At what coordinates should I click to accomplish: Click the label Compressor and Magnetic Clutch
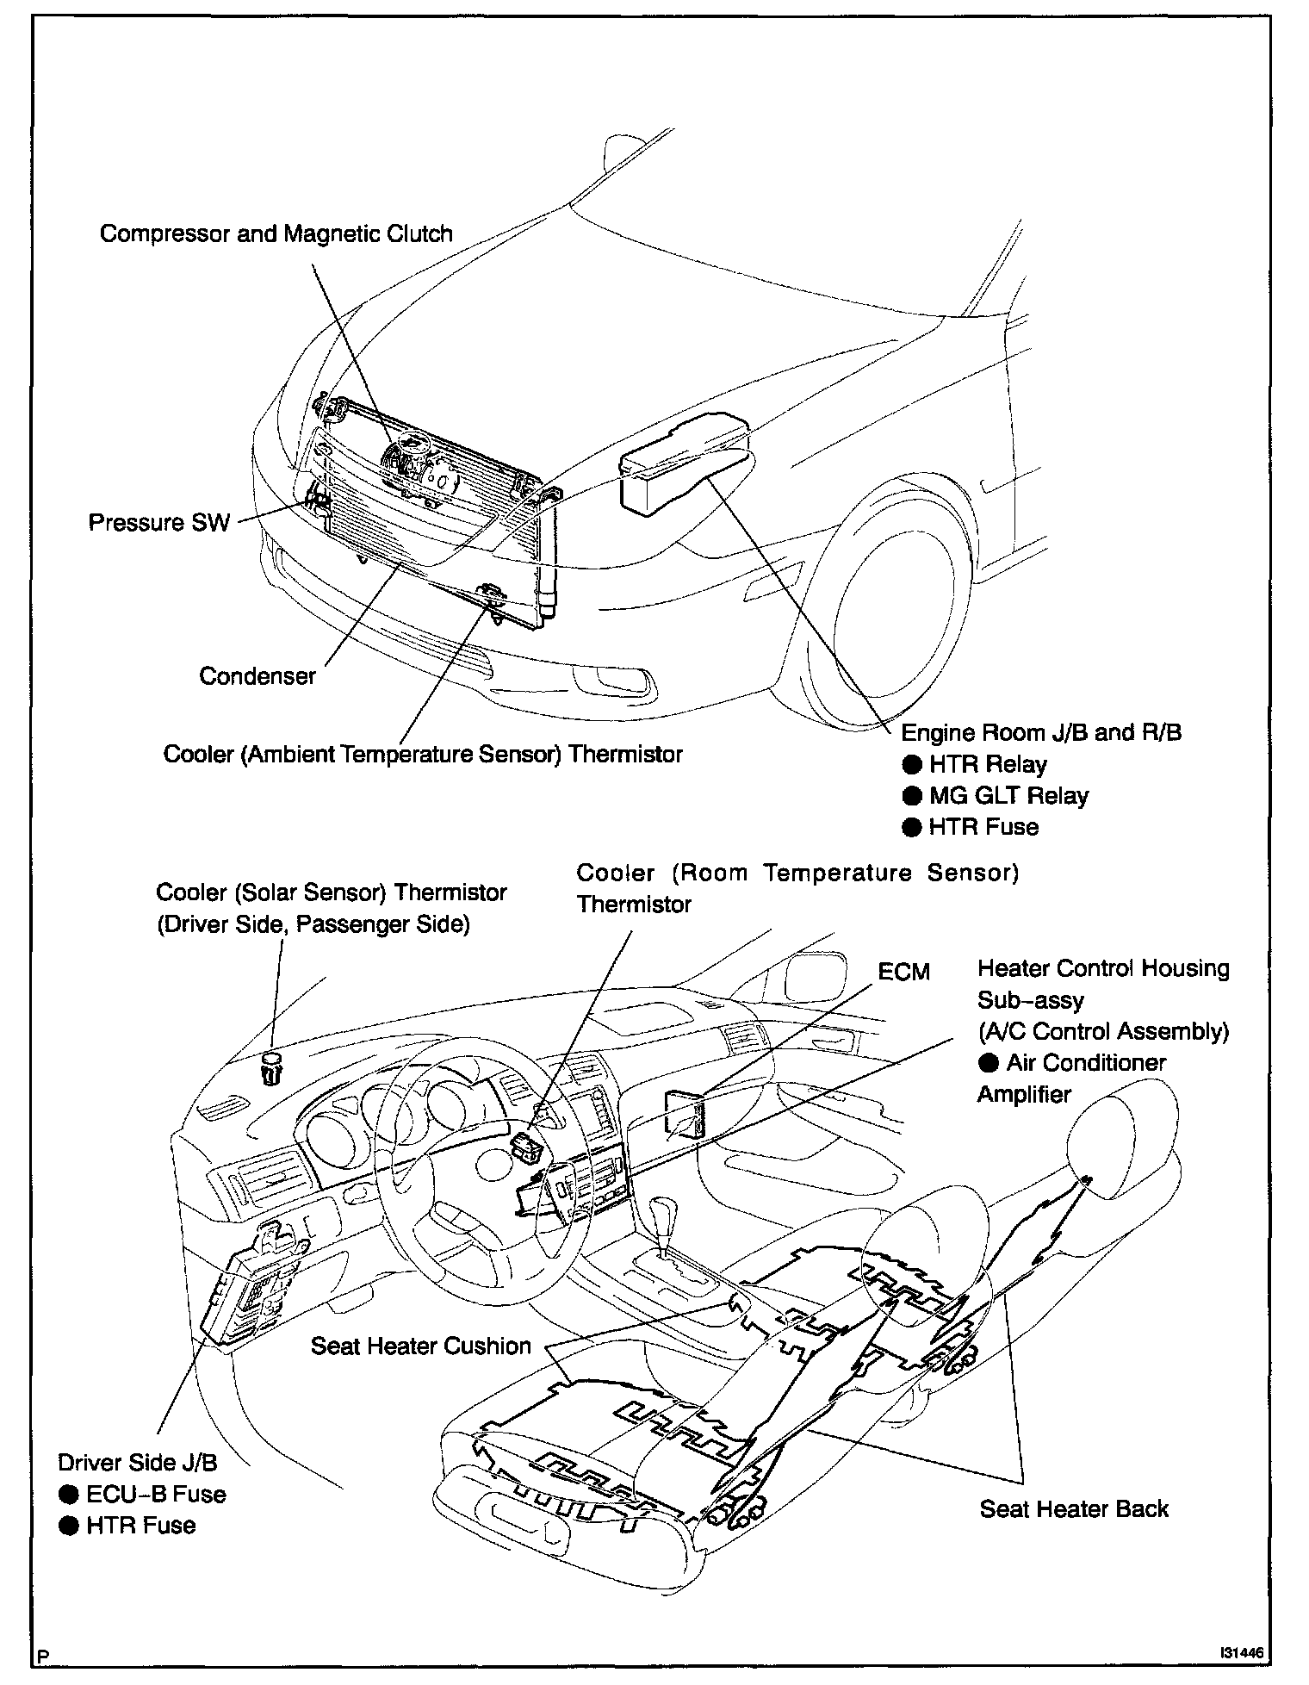coord(276,233)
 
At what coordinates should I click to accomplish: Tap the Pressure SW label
coord(159,523)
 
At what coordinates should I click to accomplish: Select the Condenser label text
coord(257,676)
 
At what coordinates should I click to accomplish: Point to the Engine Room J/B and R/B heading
coord(1041,732)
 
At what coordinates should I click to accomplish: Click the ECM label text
coord(903,972)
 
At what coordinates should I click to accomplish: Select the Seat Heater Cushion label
coord(420,1346)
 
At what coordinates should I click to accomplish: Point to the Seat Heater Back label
coord(1074,1508)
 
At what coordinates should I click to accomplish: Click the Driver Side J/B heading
coord(138,1462)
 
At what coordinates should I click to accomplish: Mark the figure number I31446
coord(1240,1653)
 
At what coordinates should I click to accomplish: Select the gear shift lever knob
coord(664,1209)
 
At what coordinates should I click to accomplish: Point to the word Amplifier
coord(1024,1095)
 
